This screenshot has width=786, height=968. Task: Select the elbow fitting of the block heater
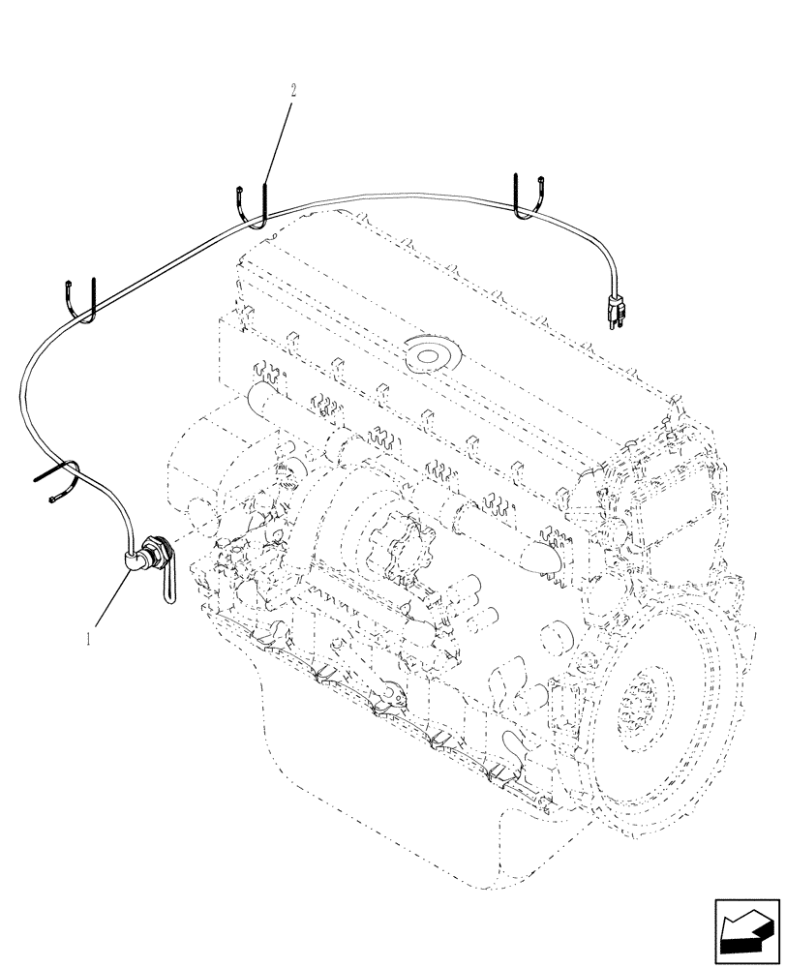click(x=135, y=558)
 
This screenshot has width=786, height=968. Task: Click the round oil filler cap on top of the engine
click(x=426, y=353)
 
